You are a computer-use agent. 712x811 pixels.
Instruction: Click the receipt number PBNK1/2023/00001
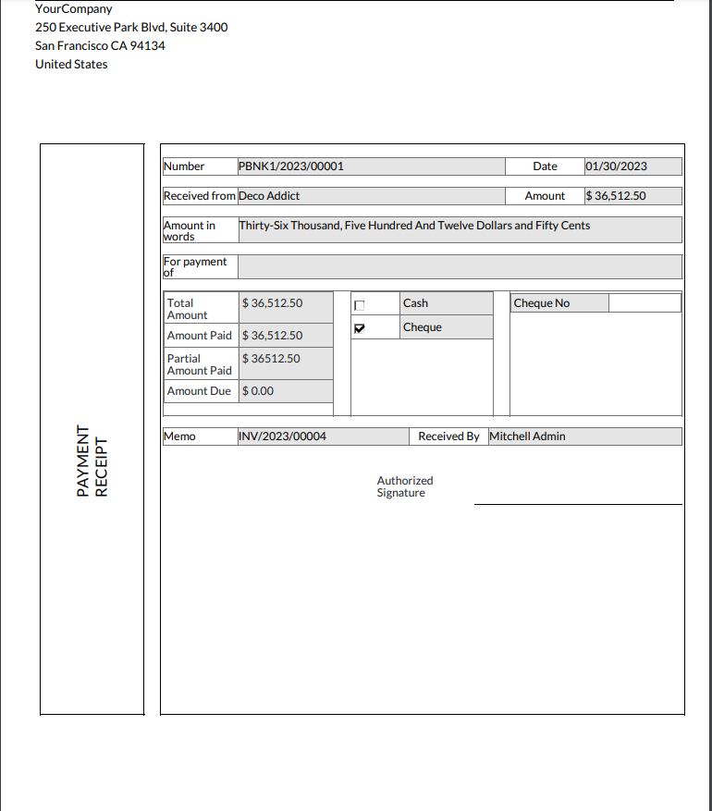click(x=291, y=166)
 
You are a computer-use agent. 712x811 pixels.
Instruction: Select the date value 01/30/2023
click(x=616, y=166)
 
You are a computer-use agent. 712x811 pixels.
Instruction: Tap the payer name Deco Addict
click(x=269, y=196)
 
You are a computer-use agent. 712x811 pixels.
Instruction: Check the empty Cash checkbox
click(x=361, y=305)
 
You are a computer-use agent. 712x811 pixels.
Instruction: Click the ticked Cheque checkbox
click(x=361, y=328)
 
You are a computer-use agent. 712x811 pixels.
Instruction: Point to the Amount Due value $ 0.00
click(x=258, y=391)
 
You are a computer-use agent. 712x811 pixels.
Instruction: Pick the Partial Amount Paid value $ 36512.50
click(x=271, y=359)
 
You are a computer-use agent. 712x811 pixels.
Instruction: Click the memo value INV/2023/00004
click(x=283, y=436)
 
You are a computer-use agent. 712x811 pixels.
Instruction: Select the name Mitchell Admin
click(x=527, y=436)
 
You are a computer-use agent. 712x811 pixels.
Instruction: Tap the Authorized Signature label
click(x=404, y=486)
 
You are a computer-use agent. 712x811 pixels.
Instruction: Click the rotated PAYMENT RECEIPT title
click(x=92, y=461)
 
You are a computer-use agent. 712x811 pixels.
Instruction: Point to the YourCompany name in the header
click(x=74, y=9)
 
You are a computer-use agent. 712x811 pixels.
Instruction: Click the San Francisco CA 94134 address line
click(x=100, y=45)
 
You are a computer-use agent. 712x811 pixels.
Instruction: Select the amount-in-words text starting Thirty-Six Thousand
click(x=414, y=226)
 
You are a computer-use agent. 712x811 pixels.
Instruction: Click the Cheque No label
click(x=542, y=303)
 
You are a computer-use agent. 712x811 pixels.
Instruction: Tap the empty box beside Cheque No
click(x=644, y=303)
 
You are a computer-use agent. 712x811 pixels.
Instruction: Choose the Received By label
click(x=448, y=436)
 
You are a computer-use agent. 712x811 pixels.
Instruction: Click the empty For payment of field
click(x=460, y=267)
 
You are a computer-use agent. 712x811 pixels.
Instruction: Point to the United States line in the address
click(x=71, y=64)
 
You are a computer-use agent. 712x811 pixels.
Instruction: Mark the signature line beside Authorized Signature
click(x=578, y=504)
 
